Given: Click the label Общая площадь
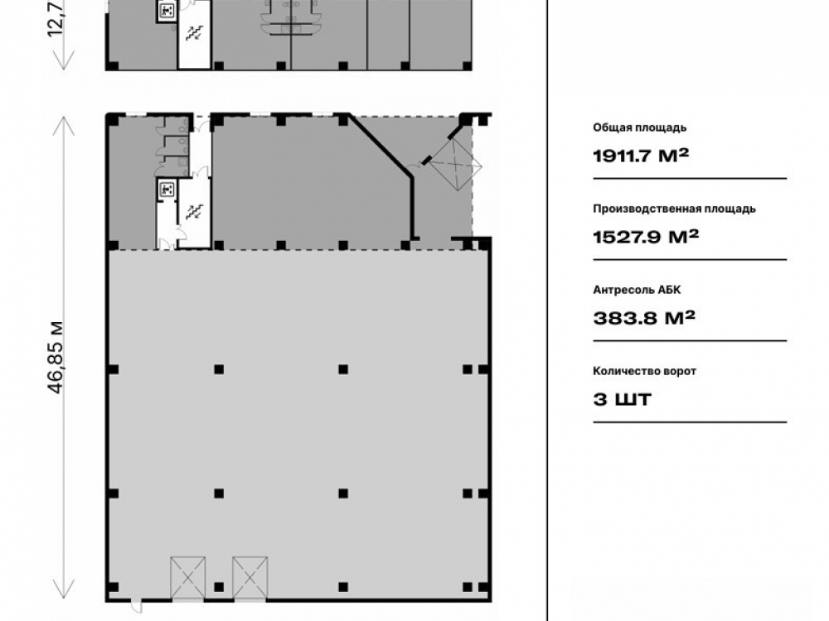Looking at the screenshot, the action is (x=640, y=128).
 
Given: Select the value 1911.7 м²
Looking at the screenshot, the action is (x=641, y=156).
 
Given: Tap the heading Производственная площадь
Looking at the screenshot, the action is (x=674, y=209).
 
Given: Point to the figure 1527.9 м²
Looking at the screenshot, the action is (x=646, y=237).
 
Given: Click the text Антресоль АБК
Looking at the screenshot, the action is (x=637, y=290).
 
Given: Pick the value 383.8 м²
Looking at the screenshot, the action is (x=644, y=318).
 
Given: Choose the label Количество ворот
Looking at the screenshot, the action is (x=644, y=371).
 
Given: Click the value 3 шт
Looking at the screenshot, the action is (x=622, y=399).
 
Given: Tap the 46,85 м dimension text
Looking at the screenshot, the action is (x=56, y=357).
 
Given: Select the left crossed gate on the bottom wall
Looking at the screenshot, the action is (x=187, y=578).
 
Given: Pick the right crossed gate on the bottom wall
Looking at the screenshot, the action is (x=250, y=578).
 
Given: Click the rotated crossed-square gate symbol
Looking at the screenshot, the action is (x=454, y=164).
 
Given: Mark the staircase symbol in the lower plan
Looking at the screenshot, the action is (x=194, y=212).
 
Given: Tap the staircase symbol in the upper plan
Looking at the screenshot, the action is (x=194, y=33).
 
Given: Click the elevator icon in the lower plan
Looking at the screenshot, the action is (x=167, y=189).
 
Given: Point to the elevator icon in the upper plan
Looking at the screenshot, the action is (x=167, y=10).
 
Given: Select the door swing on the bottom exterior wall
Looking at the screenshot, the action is (x=136, y=606).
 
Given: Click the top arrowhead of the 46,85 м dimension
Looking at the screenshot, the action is (x=64, y=126).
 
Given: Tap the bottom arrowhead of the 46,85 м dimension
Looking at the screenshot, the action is (x=64, y=590).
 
